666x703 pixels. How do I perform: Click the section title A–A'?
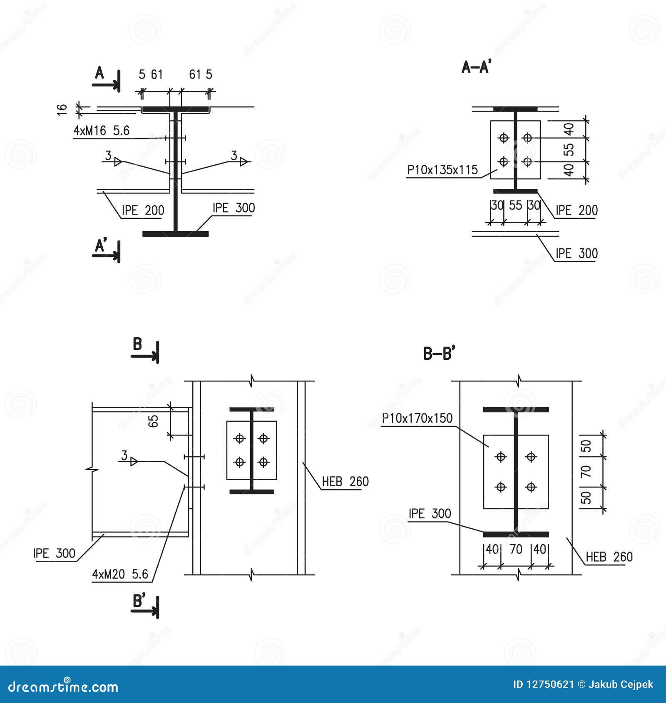tap(476, 67)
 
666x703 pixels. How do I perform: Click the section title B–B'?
tap(439, 354)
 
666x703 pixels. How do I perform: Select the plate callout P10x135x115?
tap(442, 170)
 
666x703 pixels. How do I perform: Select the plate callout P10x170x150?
tap(417, 418)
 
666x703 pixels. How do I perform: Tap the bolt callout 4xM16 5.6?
tap(102, 131)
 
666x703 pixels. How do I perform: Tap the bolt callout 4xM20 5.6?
tap(120, 574)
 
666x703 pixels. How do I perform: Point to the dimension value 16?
tap(62, 109)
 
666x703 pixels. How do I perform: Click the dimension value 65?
tap(153, 421)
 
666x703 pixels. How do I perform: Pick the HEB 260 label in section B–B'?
tap(609, 557)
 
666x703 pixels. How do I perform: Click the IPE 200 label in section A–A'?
tap(577, 210)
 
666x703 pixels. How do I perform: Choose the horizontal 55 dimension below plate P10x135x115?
tap(515, 205)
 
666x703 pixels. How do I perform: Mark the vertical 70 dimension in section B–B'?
tap(586, 471)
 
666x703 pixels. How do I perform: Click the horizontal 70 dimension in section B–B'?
tap(516, 550)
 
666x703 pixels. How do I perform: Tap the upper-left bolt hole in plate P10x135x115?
tap(504, 138)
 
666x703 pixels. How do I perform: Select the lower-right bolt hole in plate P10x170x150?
tap(531, 486)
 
